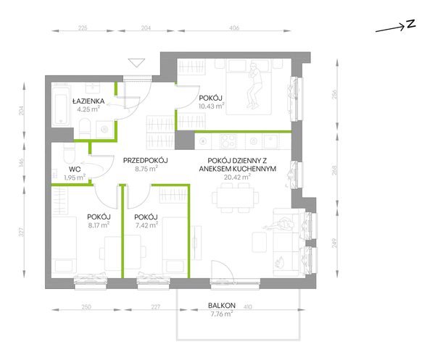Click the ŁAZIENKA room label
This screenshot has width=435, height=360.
pos(88,101)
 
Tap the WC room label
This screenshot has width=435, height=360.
pos(75,169)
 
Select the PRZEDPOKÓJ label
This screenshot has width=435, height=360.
pos(146,160)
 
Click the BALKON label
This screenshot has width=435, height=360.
pos(222,306)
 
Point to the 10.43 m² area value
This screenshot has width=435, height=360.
pos(212,106)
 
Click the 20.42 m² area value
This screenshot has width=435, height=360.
pos(238,177)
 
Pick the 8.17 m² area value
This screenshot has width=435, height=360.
pos(99,225)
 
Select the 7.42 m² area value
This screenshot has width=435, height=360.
pos(146,225)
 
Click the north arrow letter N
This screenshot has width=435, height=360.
pos(411,24)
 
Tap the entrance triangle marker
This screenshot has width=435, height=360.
pos(136,62)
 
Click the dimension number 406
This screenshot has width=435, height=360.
pos(234,28)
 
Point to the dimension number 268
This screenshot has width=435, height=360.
pos(334,170)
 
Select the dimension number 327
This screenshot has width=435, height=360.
pos(22,232)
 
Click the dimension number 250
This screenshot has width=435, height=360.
pos(86,307)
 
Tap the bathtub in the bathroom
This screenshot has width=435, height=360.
pos(61,105)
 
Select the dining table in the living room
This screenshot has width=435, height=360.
pos(236,198)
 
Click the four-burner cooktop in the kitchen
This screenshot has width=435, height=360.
pos(228,141)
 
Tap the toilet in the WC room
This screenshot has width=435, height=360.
pos(69,154)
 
